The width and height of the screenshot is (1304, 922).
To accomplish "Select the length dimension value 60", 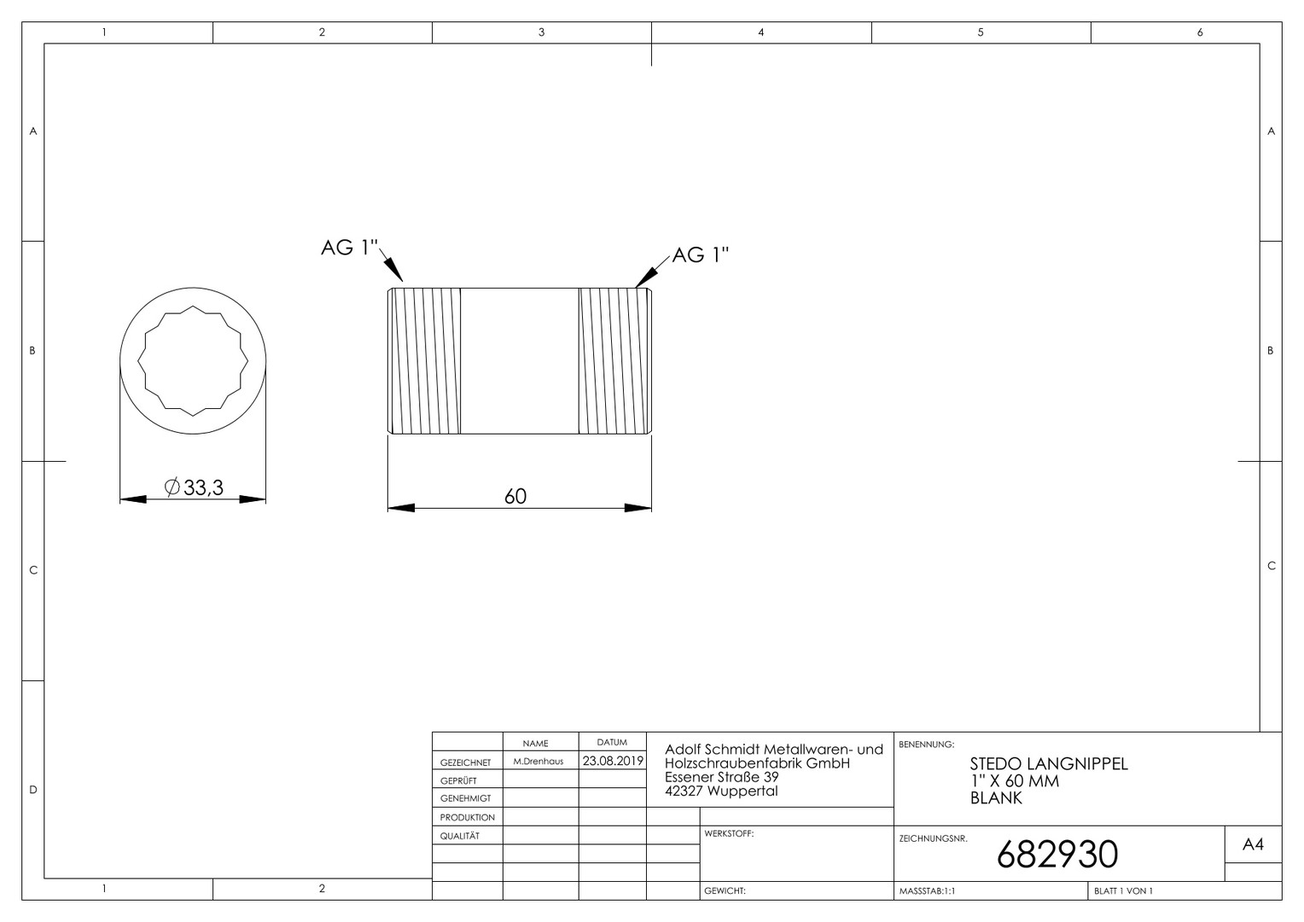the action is (x=515, y=496).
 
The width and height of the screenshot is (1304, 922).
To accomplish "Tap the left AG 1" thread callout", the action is (x=349, y=248).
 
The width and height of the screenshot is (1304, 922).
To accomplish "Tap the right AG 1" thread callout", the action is (x=701, y=254).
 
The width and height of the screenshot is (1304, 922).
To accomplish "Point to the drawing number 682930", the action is (x=1057, y=855).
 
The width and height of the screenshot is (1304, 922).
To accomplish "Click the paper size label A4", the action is (x=1253, y=844).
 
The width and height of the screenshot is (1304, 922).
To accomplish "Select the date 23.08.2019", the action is (x=613, y=761).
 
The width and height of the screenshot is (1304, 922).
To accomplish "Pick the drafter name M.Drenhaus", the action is (x=538, y=762).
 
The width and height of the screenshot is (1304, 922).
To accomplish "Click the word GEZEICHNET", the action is (x=465, y=762).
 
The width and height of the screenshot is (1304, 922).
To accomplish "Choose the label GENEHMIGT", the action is (x=465, y=798).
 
